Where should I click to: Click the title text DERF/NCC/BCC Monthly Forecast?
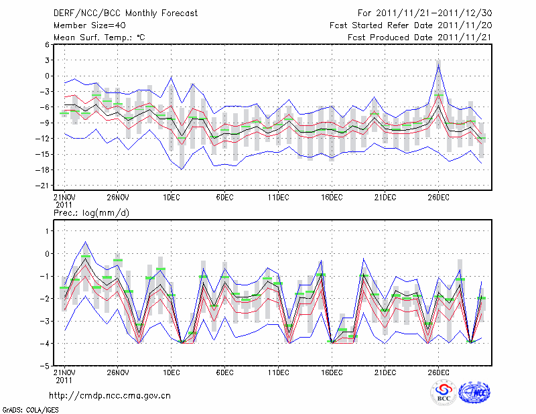tap(125, 13)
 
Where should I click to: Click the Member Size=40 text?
tap(90, 25)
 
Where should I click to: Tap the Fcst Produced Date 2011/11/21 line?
tap(419, 38)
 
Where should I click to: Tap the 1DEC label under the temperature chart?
tap(171, 197)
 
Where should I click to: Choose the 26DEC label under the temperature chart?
tap(439, 197)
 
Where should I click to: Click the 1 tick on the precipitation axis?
tap(47, 230)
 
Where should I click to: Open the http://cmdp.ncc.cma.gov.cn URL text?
tap(110, 395)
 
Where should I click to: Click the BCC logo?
tap(443, 393)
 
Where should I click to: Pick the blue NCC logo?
tap(474, 393)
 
